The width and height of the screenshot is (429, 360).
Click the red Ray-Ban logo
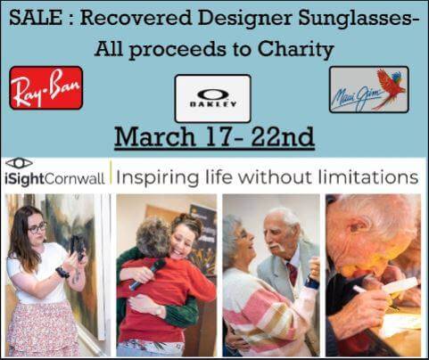pos(46,87)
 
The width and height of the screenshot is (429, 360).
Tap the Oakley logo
pos(212,99)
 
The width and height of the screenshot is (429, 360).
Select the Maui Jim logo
pos(369,89)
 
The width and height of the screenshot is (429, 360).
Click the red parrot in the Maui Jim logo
pos(391,86)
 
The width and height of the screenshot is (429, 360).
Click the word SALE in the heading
pos(36,18)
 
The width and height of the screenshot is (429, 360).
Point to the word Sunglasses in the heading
pos(356,19)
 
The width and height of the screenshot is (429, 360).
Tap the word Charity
pos(295,49)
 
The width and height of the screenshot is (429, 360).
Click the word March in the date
pos(154,136)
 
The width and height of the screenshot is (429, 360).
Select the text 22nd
pos(283,136)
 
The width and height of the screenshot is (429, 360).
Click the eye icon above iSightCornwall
pos(19,163)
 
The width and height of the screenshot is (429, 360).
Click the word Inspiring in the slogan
pos(157,178)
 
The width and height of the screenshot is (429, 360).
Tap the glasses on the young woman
pos(37,228)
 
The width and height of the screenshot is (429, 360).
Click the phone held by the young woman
pos(78,248)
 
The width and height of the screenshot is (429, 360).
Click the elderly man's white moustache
pos(276,246)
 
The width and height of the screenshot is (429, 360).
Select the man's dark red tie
pos(293,274)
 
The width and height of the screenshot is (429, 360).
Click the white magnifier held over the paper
pos(400,285)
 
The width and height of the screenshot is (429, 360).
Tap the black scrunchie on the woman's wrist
pos(62,272)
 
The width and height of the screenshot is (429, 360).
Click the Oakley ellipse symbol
pos(213,95)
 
